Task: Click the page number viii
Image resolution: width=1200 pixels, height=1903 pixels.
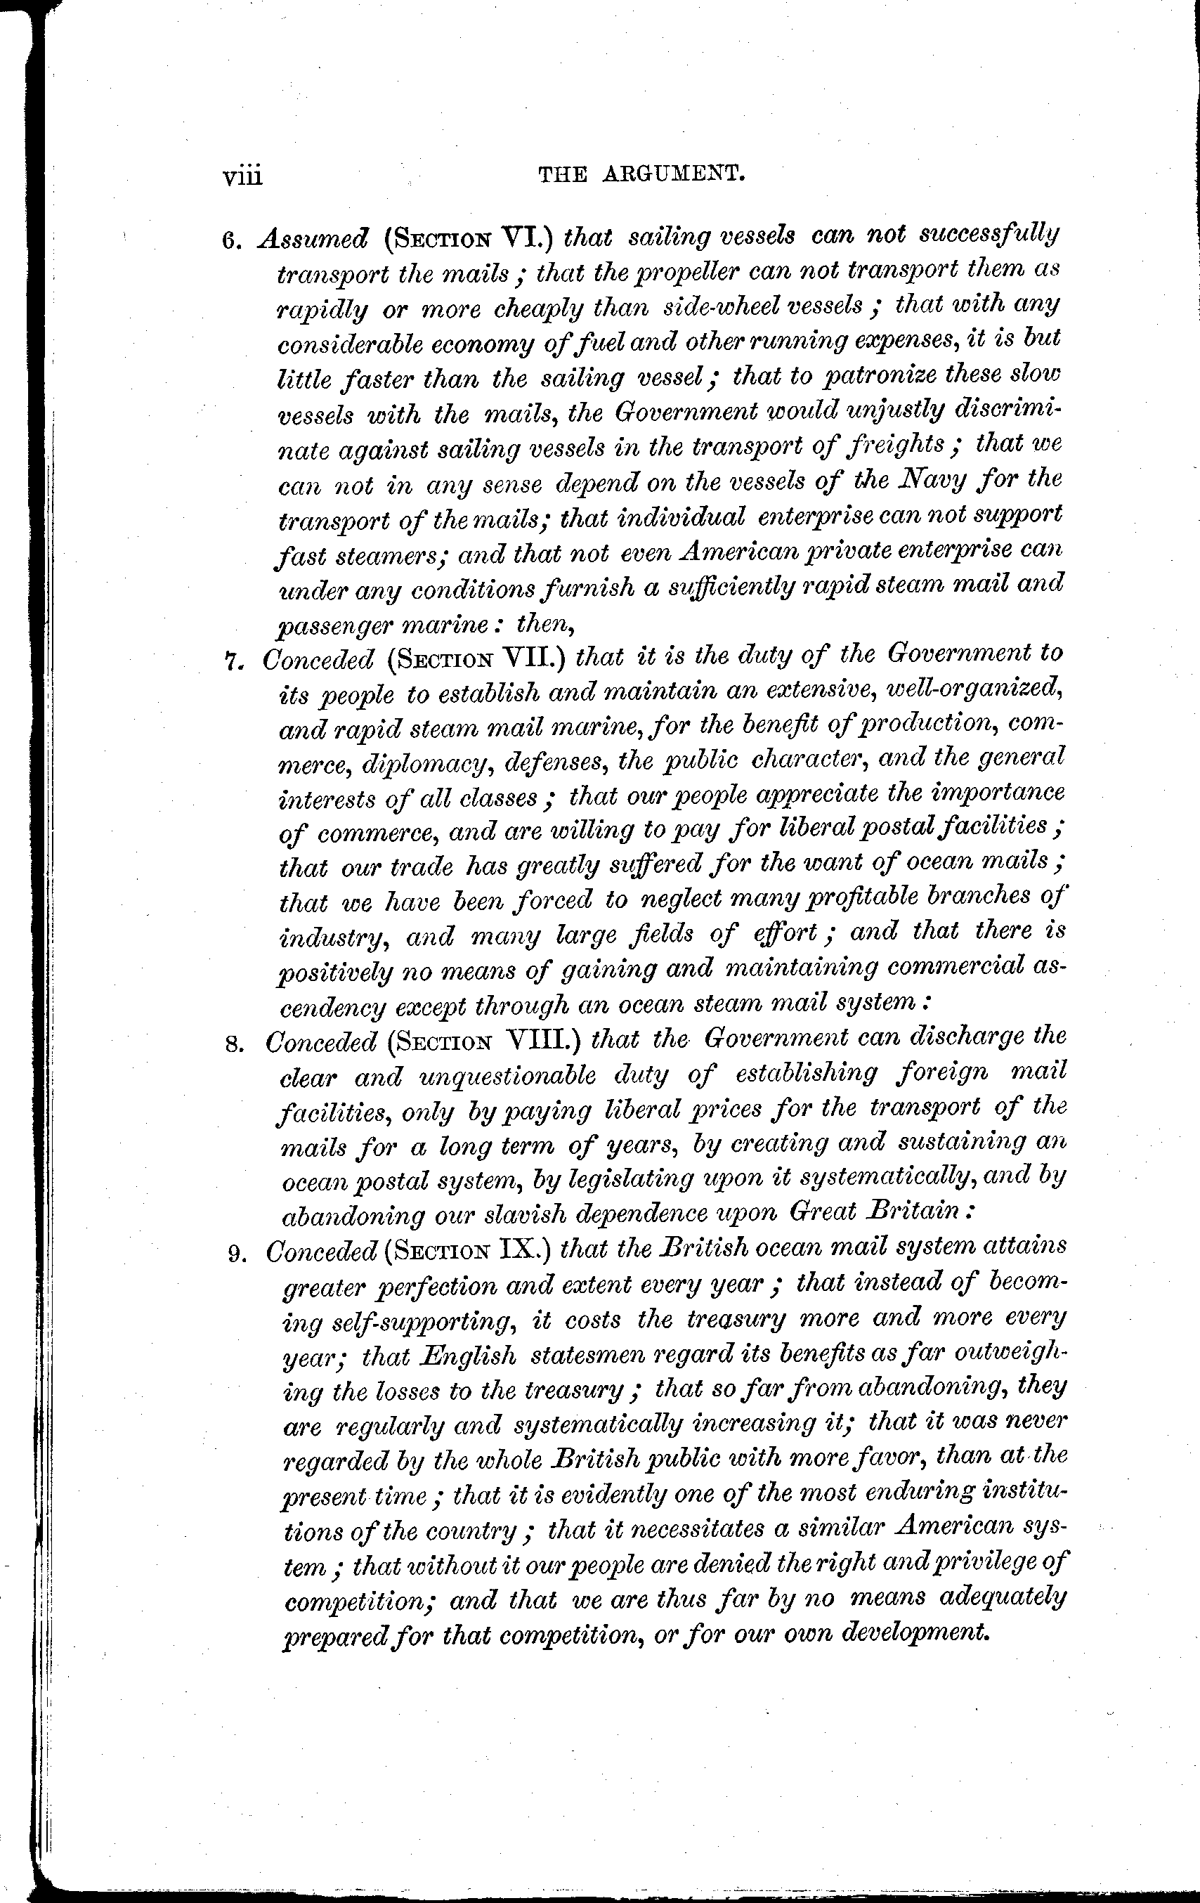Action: point(242,176)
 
